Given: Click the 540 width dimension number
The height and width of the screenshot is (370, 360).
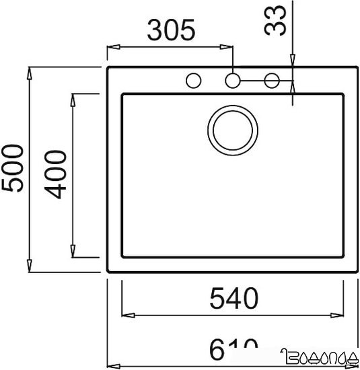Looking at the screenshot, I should tap(232, 297).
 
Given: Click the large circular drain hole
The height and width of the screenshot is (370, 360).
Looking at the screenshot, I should tap(232, 128).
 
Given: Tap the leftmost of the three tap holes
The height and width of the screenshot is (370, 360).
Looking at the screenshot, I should tap(193, 81).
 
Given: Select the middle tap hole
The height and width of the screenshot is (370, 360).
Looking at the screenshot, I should tap(232, 81).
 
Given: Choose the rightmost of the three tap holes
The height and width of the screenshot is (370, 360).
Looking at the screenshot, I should tap(272, 81).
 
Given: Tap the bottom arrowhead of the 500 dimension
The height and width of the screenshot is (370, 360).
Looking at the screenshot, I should tap(31, 267).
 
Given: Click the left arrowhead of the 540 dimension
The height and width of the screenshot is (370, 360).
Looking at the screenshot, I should tap(126, 315).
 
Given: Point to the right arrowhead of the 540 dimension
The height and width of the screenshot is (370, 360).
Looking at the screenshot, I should tap(340, 315).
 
